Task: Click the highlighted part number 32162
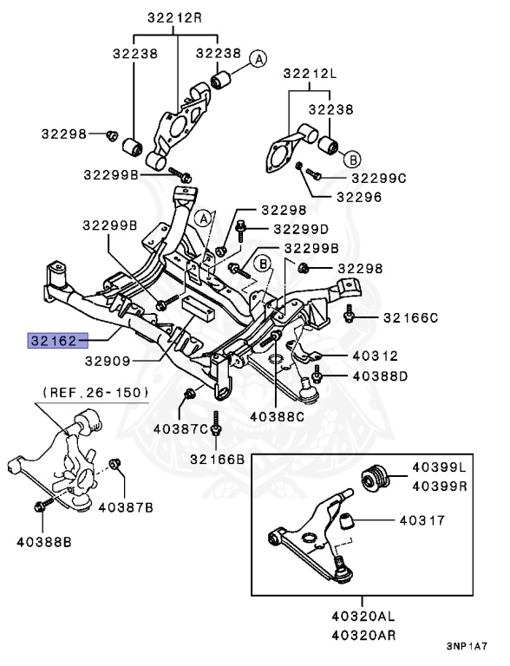[54, 341]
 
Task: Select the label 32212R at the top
[174, 18]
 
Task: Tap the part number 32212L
[310, 74]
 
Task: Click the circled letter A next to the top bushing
[258, 59]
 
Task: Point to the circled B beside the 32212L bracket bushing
[352, 160]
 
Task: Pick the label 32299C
[379, 178]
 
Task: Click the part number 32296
[359, 197]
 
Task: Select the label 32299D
[301, 229]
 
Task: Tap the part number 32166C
[410, 317]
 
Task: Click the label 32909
[108, 361]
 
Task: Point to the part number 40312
[376, 356]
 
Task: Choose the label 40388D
[380, 376]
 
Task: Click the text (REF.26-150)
[96, 392]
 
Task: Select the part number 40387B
[126, 507]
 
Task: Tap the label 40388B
[44, 542]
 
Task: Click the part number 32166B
[217, 459]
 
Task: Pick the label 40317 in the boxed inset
[422, 520]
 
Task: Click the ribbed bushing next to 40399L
[375, 478]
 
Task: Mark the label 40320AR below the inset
[363, 636]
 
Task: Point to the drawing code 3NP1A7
[467, 646]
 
